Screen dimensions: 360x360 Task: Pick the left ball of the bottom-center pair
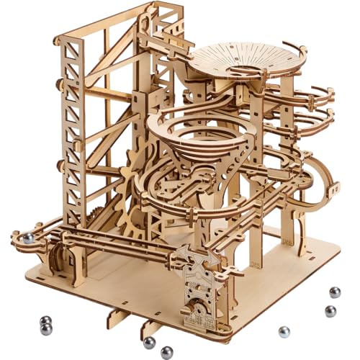149,342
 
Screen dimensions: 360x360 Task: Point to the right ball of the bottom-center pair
167,351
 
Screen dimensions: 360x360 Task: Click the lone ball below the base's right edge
284,332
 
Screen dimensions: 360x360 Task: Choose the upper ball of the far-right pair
335,292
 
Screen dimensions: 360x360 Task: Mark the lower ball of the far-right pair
330,311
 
